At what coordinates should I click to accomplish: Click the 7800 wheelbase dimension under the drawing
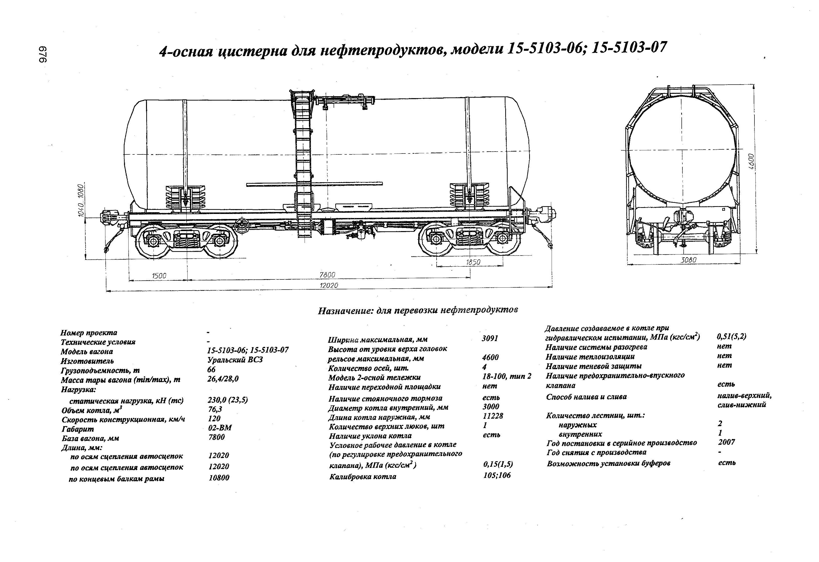327,275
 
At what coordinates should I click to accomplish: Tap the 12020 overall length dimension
329,285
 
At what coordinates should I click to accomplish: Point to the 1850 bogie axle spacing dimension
473,262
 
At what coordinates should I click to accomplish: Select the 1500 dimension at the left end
159,276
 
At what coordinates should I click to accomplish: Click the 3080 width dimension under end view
688,260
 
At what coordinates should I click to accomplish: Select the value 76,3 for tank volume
215,409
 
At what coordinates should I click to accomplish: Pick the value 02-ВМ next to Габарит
220,428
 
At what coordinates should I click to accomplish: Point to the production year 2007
726,442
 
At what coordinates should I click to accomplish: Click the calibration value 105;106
497,475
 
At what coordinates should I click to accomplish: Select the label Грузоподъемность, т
100,370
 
